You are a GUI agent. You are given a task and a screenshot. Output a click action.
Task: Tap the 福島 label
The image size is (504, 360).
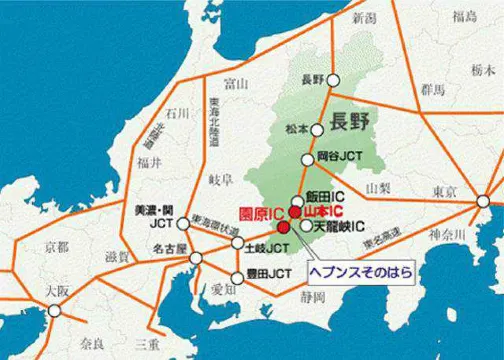(x=463, y=17)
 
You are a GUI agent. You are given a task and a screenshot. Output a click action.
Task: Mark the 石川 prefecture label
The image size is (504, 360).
(x=179, y=112)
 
